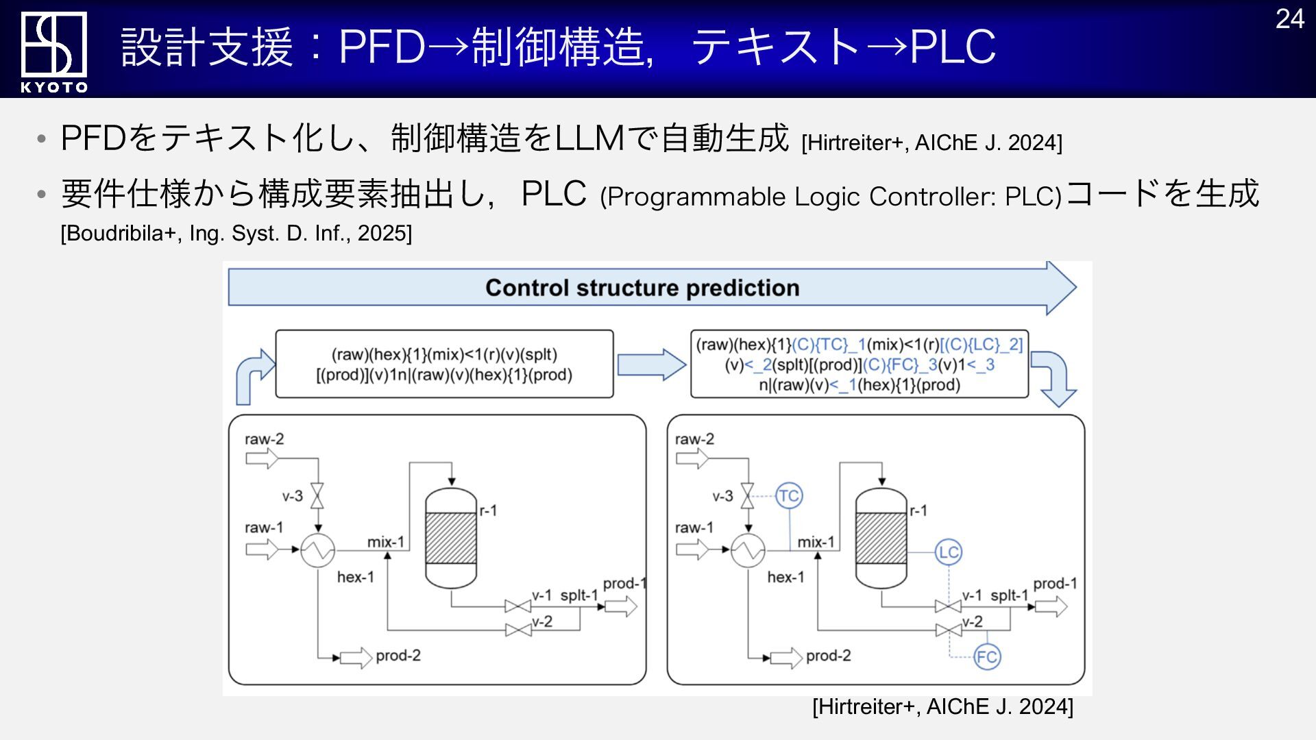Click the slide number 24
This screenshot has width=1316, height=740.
1289,19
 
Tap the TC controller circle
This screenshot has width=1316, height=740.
789,495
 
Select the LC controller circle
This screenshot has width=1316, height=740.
949,552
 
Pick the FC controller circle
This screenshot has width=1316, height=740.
987,657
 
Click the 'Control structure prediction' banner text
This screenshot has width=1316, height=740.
642,288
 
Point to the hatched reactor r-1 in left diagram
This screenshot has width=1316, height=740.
451,538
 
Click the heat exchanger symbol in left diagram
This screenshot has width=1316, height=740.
318,550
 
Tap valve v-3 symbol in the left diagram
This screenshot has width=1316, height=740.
317,495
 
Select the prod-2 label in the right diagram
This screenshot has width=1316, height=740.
828,656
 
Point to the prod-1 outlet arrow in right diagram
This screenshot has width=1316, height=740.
1051,606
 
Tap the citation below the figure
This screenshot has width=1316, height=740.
942,706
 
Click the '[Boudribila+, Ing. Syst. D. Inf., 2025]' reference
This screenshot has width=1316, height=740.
236,234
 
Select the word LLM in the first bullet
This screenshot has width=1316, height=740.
589,138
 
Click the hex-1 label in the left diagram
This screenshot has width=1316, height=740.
356,577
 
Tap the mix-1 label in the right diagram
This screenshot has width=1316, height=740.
816,542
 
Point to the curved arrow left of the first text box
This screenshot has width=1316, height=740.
254,376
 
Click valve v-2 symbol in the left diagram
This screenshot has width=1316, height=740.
518,630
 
